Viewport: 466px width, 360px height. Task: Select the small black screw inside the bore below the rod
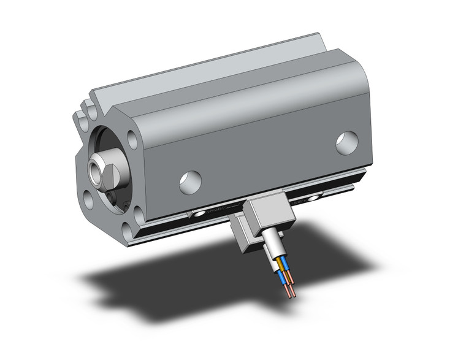pyautogui.click(x=113, y=196)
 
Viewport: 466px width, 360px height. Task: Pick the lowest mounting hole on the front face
pyautogui.click(x=128, y=231)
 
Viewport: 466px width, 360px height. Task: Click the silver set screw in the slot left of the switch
pyautogui.click(x=200, y=214)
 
